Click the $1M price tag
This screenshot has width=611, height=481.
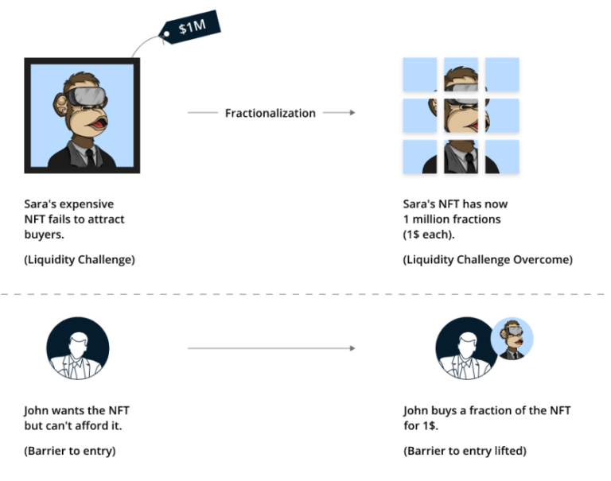coord(190,27)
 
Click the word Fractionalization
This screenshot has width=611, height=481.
coord(270,113)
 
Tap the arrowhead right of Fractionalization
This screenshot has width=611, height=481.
coord(352,113)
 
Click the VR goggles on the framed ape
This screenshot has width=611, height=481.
coord(87,96)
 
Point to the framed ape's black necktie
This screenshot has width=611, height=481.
coord(91,157)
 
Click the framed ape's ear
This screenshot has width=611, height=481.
coord(60,105)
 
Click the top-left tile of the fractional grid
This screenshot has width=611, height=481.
coord(420,75)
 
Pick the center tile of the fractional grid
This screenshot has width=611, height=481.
coord(461,115)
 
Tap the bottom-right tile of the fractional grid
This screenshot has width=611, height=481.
coord(502,157)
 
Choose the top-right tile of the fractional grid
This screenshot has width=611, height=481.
coord(502,75)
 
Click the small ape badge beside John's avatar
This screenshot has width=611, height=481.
coord(512,339)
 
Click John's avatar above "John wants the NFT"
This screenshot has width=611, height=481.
coord(78,348)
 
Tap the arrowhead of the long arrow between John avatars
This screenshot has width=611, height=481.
coord(352,348)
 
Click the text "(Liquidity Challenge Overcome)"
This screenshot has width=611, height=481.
coord(488,260)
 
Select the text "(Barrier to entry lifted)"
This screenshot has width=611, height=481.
coord(465,451)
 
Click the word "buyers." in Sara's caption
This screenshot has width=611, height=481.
coord(44,235)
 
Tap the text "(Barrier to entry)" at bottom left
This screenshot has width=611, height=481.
coord(70,451)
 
